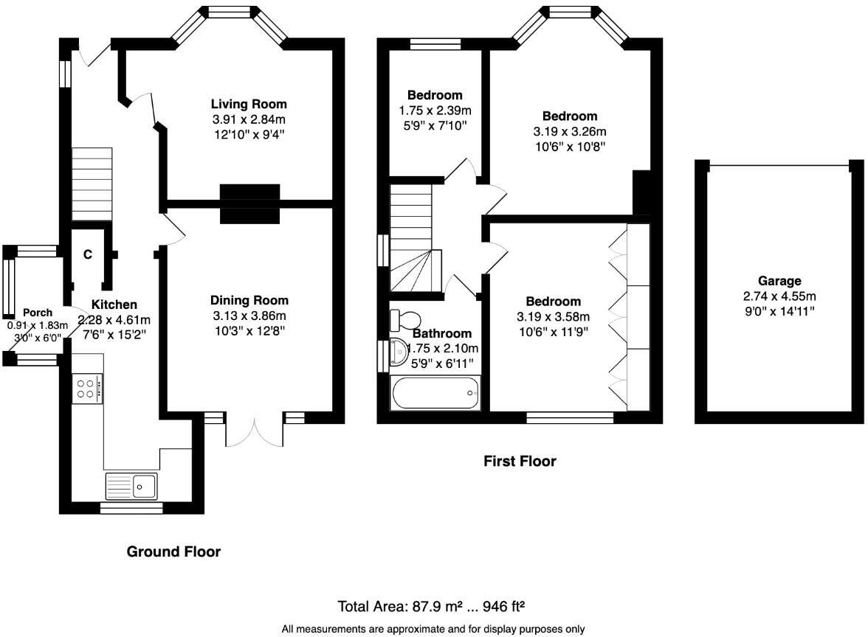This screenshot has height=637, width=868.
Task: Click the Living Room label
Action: (x=249, y=104)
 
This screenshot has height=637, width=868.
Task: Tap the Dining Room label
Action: (x=249, y=300)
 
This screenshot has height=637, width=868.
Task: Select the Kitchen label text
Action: (x=114, y=304)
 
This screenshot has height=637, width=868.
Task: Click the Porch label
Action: (x=38, y=313)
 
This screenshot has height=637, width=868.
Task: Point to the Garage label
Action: (x=779, y=281)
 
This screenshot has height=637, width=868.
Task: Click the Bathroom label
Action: (x=442, y=333)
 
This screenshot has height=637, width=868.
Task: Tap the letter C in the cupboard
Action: (x=87, y=254)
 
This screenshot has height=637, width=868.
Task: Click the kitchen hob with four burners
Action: (x=87, y=389)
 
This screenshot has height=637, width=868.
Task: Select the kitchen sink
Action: (x=131, y=486)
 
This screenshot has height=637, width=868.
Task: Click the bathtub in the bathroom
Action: (x=435, y=393)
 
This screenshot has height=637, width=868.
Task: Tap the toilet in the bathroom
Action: (x=405, y=320)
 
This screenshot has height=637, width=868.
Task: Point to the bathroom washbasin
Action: (x=399, y=352)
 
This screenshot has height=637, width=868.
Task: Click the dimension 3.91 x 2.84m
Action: (x=249, y=119)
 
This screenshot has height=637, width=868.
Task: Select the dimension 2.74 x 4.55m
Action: (x=779, y=296)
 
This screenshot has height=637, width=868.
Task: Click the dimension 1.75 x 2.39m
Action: (x=435, y=111)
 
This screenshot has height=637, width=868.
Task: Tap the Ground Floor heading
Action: (x=174, y=551)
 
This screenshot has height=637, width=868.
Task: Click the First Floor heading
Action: (x=520, y=462)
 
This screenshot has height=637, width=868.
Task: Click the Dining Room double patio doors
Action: (x=255, y=431)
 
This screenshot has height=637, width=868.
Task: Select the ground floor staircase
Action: (x=92, y=184)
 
